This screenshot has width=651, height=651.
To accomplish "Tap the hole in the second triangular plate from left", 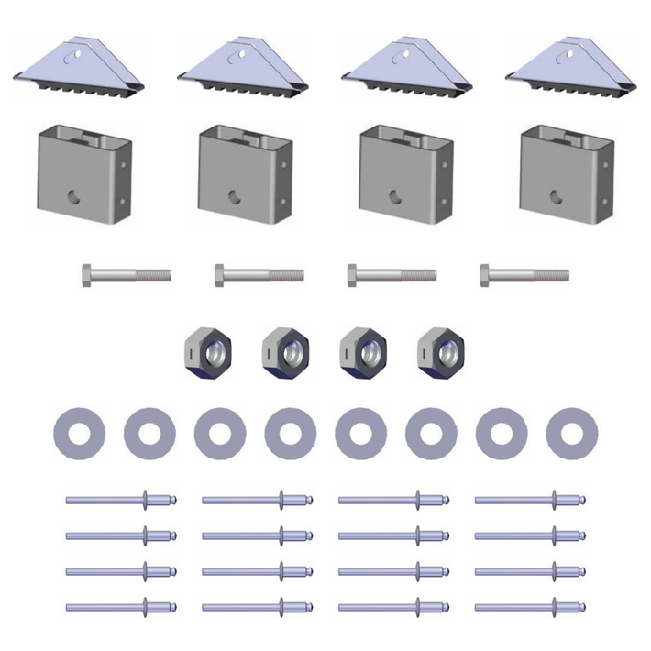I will tap(243, 53).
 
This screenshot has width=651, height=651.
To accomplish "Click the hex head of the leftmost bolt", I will tap(86, 274).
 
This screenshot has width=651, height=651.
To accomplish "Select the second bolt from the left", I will tap(259, 274).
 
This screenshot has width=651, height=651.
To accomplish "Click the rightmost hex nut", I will tap(440, 351).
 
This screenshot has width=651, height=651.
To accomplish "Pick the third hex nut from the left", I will tap(363, 351).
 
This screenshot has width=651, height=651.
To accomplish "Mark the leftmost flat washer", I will tap(80, 433).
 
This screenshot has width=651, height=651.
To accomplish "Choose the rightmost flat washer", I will tap(571, 433).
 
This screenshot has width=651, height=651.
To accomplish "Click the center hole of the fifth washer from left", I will tap(361, 433).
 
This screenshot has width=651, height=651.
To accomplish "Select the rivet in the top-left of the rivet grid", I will tap(120, 500).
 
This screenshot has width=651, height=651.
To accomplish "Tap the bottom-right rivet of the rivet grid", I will tap(530, 607).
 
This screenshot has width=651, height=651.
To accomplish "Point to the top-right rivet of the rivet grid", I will tap(530, 500).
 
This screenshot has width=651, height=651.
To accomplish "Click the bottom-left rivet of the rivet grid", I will tap(120, 607).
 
